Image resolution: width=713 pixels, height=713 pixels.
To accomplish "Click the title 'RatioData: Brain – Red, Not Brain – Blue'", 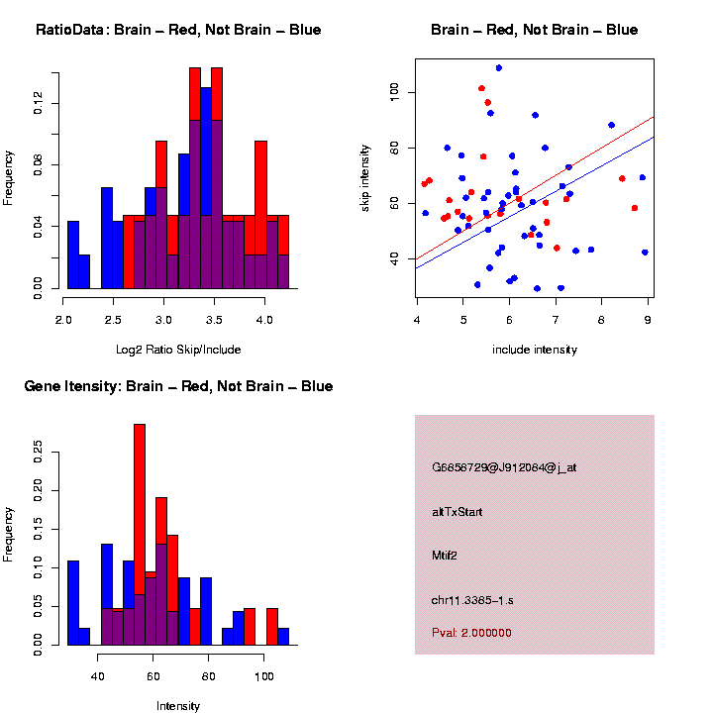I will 178,30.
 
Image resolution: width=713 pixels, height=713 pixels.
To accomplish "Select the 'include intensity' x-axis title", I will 535,350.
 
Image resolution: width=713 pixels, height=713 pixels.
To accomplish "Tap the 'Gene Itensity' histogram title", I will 178,386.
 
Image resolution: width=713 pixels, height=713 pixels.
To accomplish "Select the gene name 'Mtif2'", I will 448,556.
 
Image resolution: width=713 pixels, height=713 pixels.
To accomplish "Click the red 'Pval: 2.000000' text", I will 471,633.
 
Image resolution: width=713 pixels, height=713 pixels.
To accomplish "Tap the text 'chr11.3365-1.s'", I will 472,600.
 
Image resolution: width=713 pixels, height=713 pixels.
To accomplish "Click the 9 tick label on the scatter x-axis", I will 648,318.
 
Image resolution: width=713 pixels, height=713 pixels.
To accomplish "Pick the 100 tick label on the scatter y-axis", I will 392,92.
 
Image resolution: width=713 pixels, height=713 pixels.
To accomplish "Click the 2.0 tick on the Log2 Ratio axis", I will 63,321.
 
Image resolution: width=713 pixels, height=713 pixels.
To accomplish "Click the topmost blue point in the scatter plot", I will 498,68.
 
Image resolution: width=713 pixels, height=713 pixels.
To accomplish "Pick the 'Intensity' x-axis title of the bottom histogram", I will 178,706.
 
